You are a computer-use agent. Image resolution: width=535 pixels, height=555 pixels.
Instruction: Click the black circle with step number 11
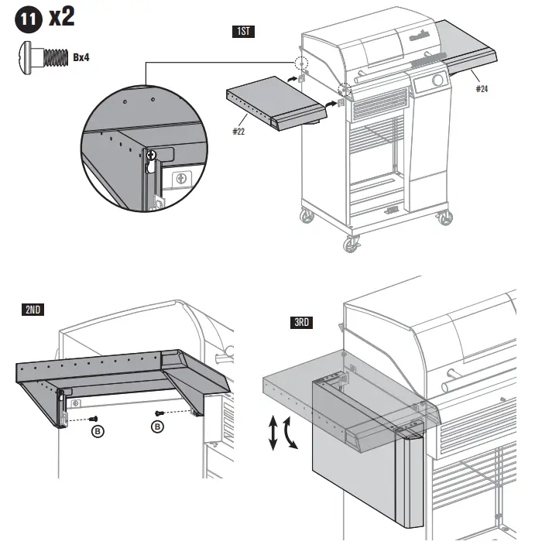pos(26,19)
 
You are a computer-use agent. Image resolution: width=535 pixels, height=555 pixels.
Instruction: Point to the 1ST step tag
pos(243,32)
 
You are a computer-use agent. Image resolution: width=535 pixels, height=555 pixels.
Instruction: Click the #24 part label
pos(482,89)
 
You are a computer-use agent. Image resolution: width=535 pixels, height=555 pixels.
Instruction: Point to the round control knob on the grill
pos(437,81)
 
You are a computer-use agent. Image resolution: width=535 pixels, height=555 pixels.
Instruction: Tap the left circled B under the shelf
pos(97,430)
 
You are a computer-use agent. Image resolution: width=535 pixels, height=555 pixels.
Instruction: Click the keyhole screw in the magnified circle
pos(152,157)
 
